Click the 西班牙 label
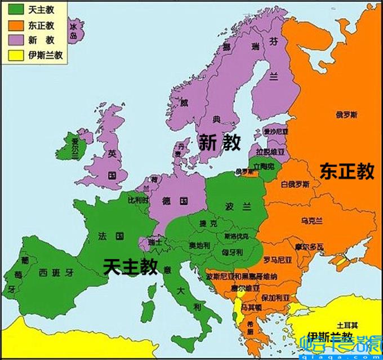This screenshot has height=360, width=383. pyautogui.click(x=56, y=273)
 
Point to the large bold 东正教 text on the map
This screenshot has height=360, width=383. pyautogui.click(x=346, y=171)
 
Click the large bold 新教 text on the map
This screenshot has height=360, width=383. pyautogui.click(x=220, y=144)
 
